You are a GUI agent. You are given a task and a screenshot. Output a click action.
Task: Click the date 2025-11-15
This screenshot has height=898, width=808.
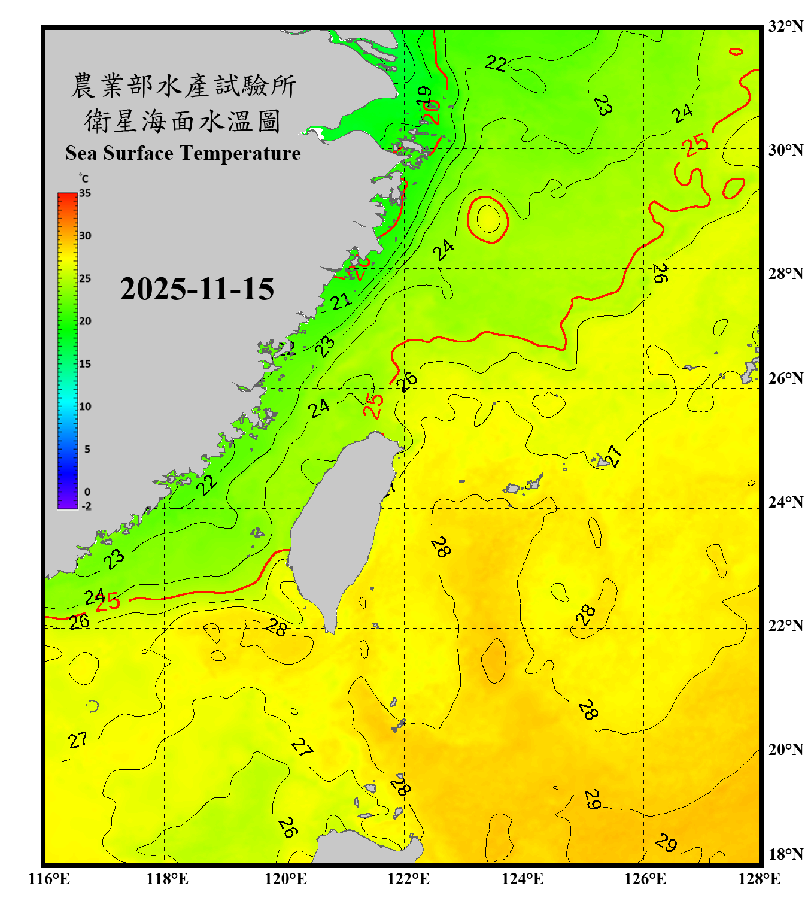(197, 289)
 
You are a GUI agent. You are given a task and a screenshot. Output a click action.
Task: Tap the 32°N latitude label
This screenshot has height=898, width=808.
(785, 26)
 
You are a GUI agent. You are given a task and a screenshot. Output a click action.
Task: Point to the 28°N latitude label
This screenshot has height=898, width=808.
(785, 274)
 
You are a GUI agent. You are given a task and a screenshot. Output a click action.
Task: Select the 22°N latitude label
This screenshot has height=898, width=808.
(785, 626)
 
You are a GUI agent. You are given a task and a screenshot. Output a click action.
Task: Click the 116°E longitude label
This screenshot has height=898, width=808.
(49, 879)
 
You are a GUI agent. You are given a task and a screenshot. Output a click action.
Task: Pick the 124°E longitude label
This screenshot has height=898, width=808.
(523, 879)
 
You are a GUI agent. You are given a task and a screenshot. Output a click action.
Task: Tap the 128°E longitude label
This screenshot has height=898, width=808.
(759, 879)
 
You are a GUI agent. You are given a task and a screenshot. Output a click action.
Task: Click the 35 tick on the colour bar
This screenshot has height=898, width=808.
(85, 193)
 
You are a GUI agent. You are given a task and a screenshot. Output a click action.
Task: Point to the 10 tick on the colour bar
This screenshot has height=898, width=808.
(85, 406)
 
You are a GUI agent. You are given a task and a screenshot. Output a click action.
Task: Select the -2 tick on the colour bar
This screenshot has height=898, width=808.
(86, 506)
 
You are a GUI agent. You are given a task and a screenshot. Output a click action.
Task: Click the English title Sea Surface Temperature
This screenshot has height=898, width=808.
(183, 153)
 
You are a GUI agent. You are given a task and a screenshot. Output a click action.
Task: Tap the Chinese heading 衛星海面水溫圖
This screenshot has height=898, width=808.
(183, 121)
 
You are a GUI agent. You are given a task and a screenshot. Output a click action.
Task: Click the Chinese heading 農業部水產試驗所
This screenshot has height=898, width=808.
(184, 86)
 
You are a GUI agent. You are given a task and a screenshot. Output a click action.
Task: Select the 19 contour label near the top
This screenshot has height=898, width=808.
(424, 95)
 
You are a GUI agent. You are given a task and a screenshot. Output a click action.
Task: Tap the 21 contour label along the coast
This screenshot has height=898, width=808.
(341, 301)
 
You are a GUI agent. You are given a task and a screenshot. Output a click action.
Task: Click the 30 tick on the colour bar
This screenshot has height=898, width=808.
(85, 236)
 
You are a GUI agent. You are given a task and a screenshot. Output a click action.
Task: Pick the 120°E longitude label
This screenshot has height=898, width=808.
(285, 879)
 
